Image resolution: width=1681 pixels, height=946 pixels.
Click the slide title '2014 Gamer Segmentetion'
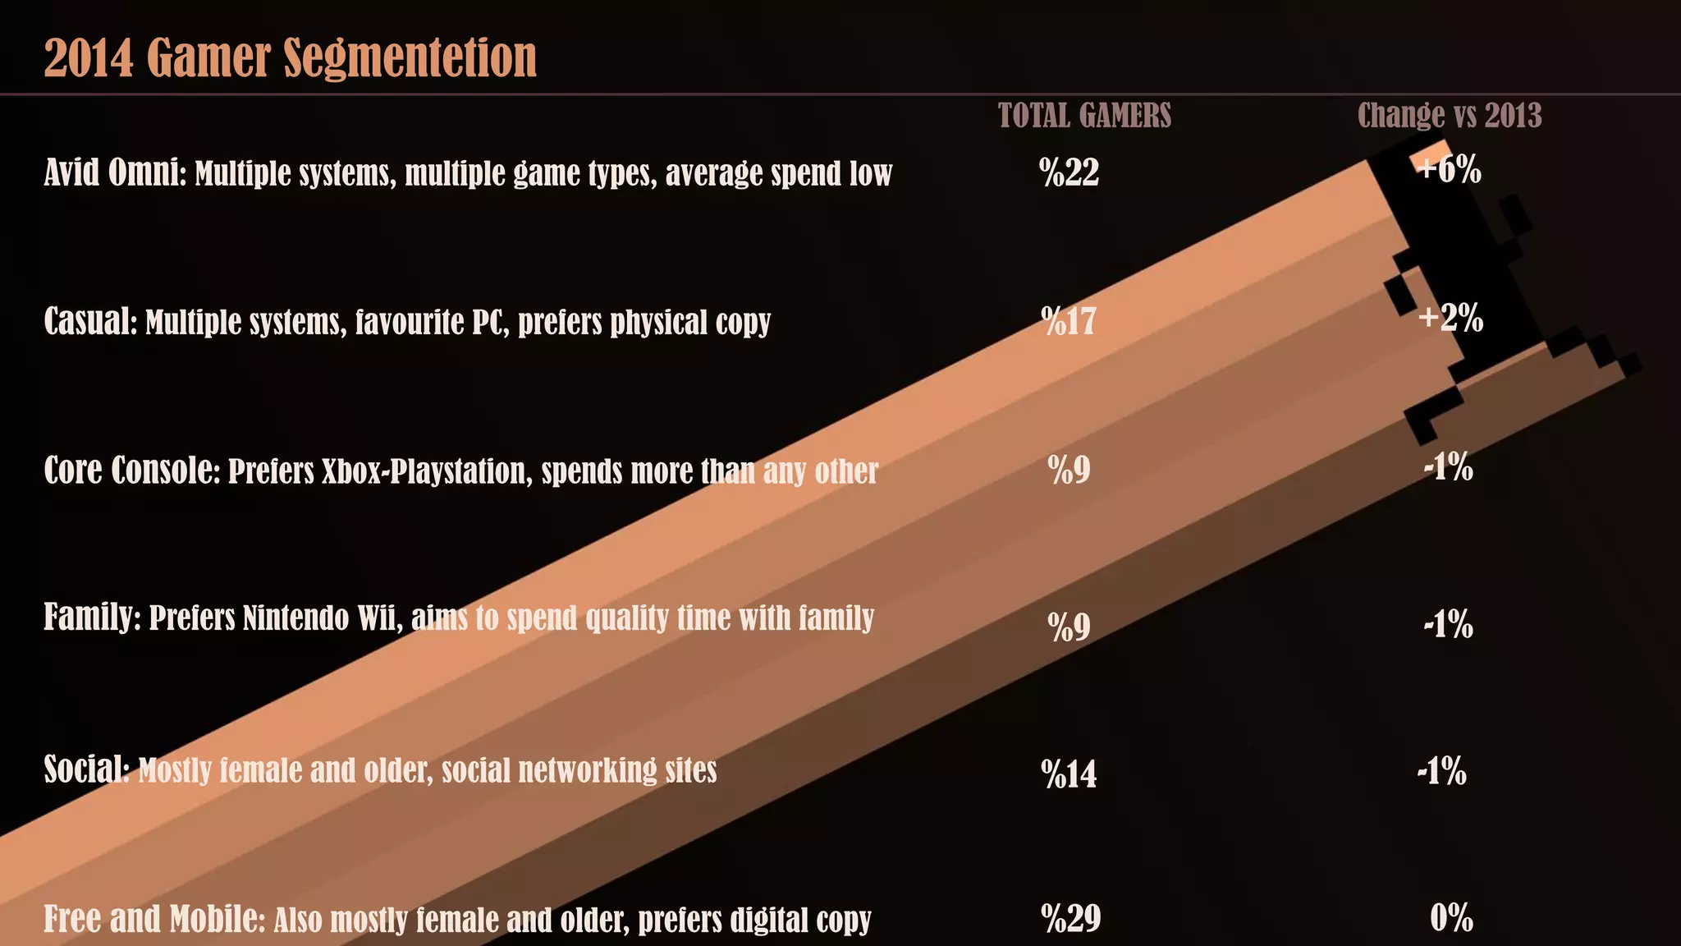290,57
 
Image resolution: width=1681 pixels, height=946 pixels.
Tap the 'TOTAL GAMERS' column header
1084,116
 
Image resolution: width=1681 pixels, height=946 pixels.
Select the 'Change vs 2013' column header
1450,116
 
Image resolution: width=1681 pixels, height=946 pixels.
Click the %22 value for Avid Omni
1069,172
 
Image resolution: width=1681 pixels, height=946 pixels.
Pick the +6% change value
1450,169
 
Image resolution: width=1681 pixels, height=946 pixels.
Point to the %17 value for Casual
1069,321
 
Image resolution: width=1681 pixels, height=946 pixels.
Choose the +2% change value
1450,318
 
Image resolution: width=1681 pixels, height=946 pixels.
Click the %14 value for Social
1069,774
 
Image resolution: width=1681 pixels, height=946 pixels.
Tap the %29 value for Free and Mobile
1070,918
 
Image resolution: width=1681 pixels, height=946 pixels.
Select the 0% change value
1451,918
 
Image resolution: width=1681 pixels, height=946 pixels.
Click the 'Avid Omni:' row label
115,172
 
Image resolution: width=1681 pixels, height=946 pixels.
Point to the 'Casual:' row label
90,321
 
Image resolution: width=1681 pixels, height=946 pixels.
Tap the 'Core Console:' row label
131,471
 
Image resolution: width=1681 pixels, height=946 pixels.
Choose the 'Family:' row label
92,617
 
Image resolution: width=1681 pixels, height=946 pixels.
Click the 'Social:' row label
86,769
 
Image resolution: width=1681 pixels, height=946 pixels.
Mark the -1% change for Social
1442,771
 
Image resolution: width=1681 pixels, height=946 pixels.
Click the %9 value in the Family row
1069,627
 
